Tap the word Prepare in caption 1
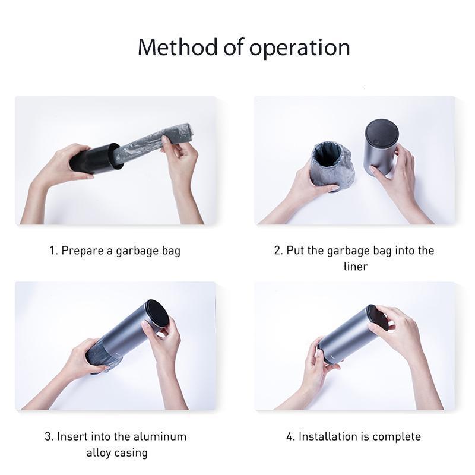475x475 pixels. pyautogui.click(x=83, y=251)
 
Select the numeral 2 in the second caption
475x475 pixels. pyautogui.click(x=277, y=251)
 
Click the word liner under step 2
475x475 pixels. pyautogui.click(x=355, y=267)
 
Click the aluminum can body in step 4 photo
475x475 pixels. pyautogui.click(x=347, y=335)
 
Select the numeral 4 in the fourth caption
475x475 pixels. pyautogui.click(x=290, y=437)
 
